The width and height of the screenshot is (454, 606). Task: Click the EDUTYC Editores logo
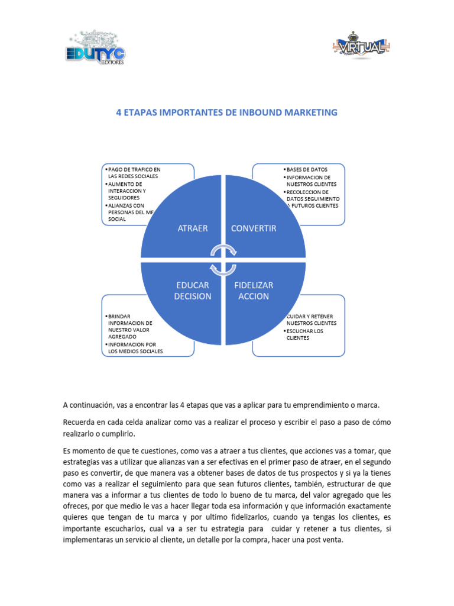coord(94,49)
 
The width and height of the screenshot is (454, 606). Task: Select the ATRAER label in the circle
coord(193,228)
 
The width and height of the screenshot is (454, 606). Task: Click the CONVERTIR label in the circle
coord(254,228)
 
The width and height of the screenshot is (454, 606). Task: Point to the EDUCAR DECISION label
coord(193,291)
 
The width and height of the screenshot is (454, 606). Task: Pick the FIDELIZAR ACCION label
coord(254,291)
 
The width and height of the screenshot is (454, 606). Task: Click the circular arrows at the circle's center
coord(223,259)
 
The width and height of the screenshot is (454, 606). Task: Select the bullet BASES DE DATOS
coord(307,170)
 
